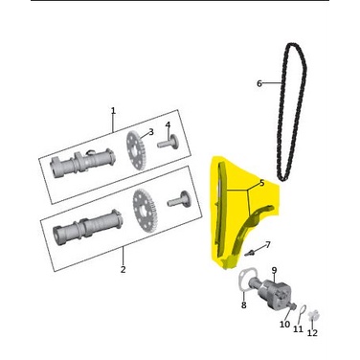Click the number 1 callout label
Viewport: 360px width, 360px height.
click(x=113, y=111)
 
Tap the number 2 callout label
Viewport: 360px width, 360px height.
click(x=124, y=270)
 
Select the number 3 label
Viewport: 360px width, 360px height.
click(x=150, y=132)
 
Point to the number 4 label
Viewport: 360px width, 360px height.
click(x=168, y=124)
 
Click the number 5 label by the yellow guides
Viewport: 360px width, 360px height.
click(x=261, y=182)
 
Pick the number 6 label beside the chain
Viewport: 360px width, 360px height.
click(x=259, y=83)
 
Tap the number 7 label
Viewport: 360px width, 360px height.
click(x=268, y=245)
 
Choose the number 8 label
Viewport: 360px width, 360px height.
click(x=243, y=304)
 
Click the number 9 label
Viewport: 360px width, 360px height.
click(x=274, y=270)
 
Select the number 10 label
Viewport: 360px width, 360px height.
click(x=284, y=325)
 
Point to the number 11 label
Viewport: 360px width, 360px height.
click(x=298, y=328)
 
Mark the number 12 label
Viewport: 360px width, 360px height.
click(x=312, y=332)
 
